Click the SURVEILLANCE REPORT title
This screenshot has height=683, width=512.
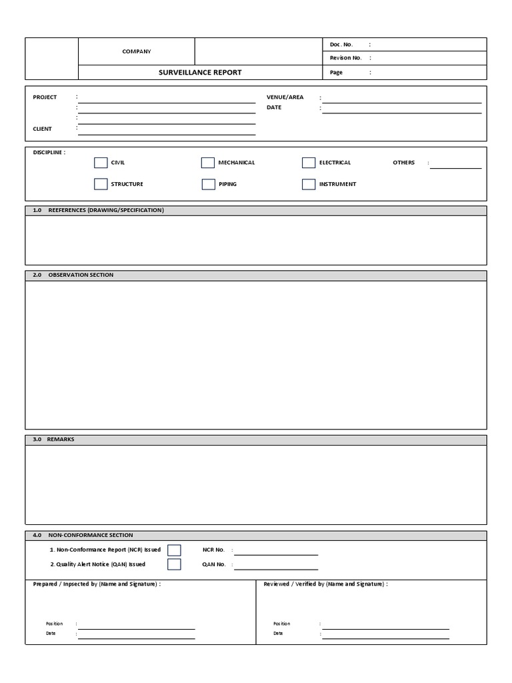(200, 72)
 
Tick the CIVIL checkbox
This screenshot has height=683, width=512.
(101, 163)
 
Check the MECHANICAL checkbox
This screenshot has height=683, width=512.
(208, 163)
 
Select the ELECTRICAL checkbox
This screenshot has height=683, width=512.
(309, 163)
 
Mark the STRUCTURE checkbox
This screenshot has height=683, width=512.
(101, 184)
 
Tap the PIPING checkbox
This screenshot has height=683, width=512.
(208, 184)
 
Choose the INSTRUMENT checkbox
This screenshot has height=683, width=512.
(309, 184)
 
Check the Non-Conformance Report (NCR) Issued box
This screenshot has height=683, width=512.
(174, 550)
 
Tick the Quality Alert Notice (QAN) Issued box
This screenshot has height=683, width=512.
(174, 564)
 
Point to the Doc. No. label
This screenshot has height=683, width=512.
(341, 45)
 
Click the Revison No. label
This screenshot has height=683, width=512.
(345, 58)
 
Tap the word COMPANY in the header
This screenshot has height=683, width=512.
(137, 51)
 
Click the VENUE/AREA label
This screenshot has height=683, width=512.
(285, 97)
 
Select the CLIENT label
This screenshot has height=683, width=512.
(42, 129)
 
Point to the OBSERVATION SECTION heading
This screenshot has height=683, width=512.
(81, 275)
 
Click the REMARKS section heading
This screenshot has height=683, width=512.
(61, 440)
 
